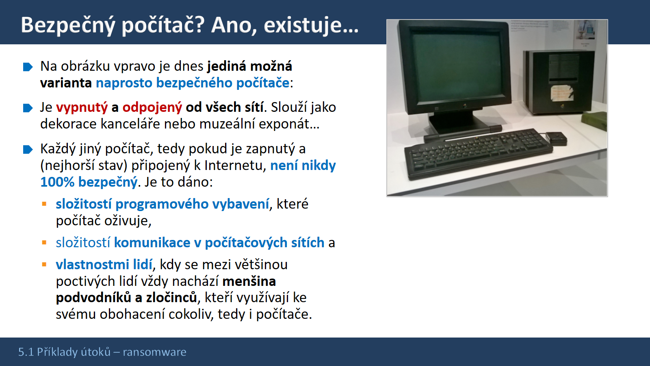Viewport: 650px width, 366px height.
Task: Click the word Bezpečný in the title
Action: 69,26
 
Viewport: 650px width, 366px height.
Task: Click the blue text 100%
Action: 57,182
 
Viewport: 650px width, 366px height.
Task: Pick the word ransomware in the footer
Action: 155,352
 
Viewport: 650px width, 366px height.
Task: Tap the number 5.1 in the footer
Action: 26,352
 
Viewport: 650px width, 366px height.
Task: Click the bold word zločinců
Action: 171,298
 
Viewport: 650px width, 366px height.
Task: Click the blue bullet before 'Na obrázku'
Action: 28,67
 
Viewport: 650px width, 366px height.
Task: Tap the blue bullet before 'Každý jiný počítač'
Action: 28,150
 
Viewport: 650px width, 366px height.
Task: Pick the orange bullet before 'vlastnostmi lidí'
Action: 44,264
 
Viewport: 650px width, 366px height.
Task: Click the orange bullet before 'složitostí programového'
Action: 44,204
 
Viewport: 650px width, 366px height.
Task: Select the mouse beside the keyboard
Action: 556,139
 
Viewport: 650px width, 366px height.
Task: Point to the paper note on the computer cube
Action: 562,93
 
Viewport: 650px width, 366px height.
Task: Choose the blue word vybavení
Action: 240,204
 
